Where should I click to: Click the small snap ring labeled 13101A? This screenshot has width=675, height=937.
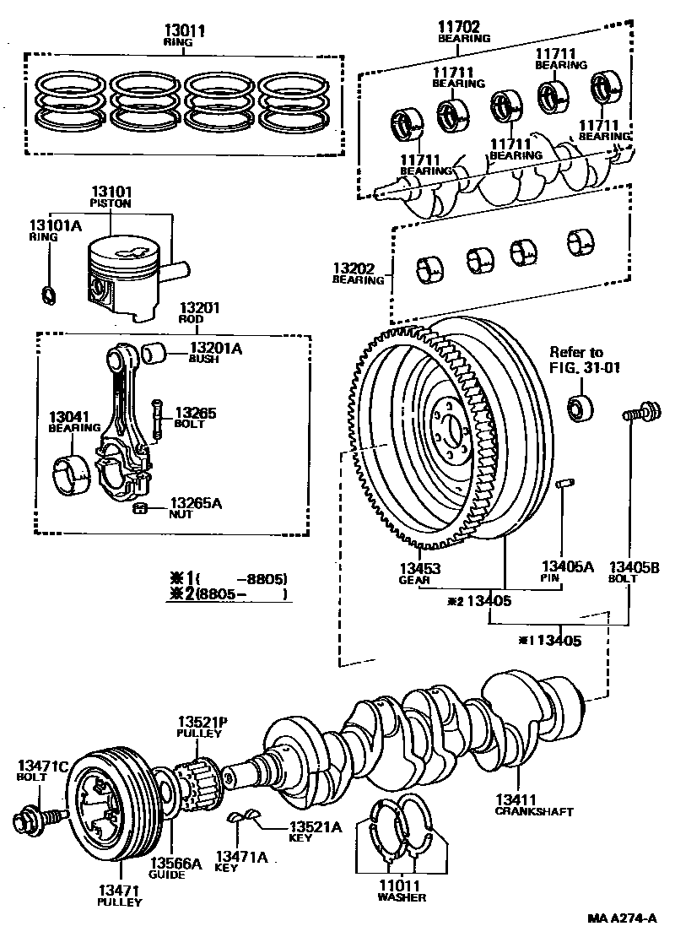(x=49, y=295)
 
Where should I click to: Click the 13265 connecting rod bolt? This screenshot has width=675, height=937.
(x=157, y=420)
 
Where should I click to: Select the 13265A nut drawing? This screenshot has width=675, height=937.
(x=141, y=507)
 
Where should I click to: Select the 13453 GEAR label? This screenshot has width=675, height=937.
(x=419, y=574)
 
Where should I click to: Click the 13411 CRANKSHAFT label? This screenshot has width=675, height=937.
(x=534, y=805)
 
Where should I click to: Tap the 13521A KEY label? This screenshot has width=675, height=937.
(x=315, y=833)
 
